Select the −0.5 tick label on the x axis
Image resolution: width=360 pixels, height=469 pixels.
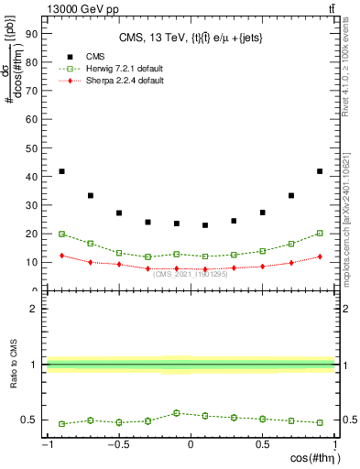coord(118,444)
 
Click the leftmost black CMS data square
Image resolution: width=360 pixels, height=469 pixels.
coord(61,171)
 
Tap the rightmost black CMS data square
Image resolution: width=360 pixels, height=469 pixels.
coord(320,171)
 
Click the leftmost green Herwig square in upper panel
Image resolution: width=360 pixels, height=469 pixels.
coord(61,234)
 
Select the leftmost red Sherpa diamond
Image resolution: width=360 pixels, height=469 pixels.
coord(61,256)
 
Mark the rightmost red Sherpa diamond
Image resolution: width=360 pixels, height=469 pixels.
coord(320,256)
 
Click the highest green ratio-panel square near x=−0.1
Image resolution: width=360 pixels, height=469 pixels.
coord(177,413)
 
